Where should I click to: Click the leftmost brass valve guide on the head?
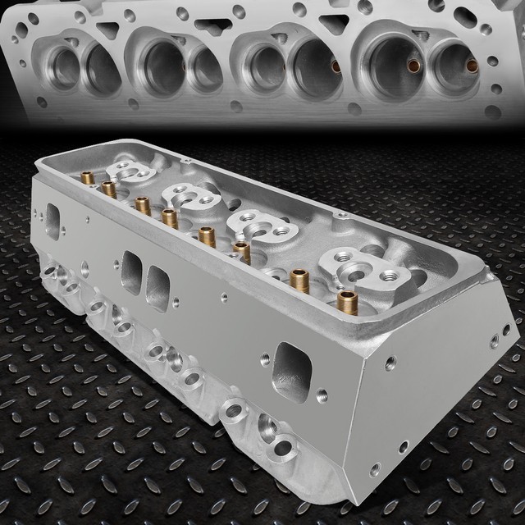click(87, 177)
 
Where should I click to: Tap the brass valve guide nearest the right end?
click(347, 302)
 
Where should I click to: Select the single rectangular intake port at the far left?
click(52, 219)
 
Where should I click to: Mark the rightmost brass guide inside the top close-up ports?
click(471, 66)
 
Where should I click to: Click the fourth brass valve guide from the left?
click(170, 217)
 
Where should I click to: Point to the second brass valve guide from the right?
click(300, 280)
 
